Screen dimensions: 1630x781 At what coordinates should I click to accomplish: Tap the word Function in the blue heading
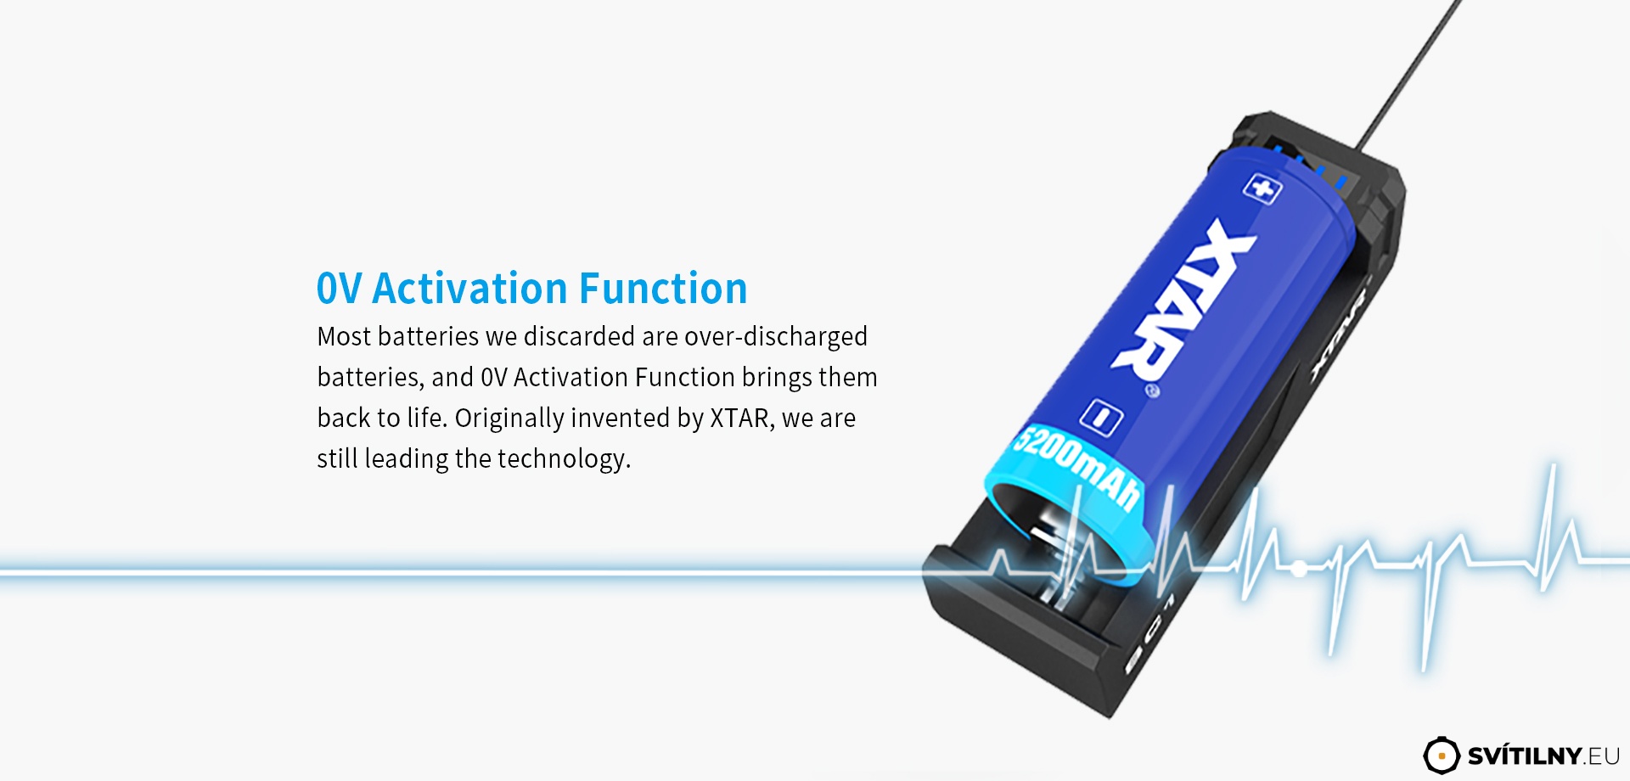(664, 289)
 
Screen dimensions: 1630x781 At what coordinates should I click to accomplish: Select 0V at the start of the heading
(339, 289)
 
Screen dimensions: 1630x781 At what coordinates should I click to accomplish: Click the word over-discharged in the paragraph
(776, 337)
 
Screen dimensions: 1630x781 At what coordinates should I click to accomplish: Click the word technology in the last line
(564, 459)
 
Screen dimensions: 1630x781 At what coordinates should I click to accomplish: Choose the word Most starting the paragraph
(344, 337)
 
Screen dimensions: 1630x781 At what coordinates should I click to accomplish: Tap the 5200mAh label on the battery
(1078, 466)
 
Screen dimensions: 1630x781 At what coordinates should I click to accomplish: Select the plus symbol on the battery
(1262, 188)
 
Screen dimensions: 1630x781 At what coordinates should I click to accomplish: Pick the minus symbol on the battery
(1101, 418)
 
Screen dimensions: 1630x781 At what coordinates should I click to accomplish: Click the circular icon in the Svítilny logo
(1441, 756)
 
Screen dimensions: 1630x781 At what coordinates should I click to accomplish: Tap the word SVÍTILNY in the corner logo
(1525, 756)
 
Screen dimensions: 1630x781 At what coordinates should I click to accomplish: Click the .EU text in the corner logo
(1602, 756)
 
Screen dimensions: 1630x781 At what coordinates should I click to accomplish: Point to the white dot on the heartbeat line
(1298, 569)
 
